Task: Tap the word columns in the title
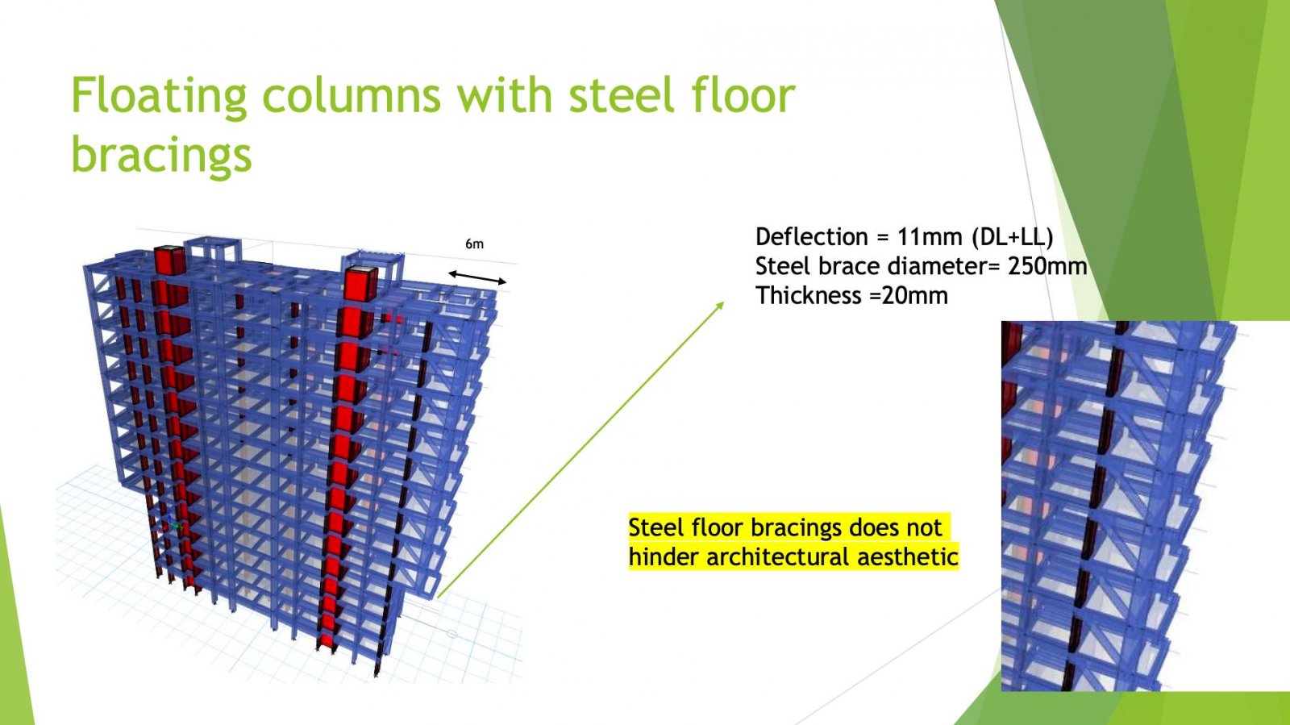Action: point(352,94)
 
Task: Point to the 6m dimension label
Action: point(475,244)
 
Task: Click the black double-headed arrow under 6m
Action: point(477,277)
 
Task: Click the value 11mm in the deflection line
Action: point(930,236)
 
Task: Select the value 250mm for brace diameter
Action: point(1047,266)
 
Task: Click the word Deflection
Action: point(811,236)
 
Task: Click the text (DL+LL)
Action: point(1013,236)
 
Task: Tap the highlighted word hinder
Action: point(664,556)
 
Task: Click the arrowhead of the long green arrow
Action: point(720,305)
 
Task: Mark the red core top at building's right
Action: point(360,283)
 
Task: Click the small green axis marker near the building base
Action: point(175,526)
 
